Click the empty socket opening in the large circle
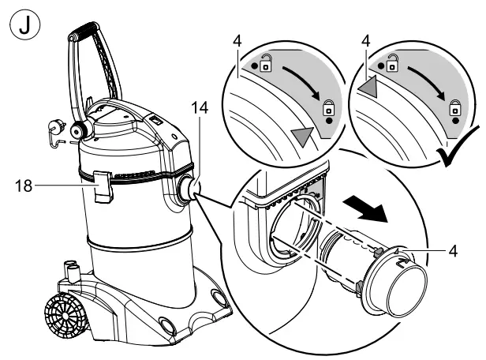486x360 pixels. [291, 230]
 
